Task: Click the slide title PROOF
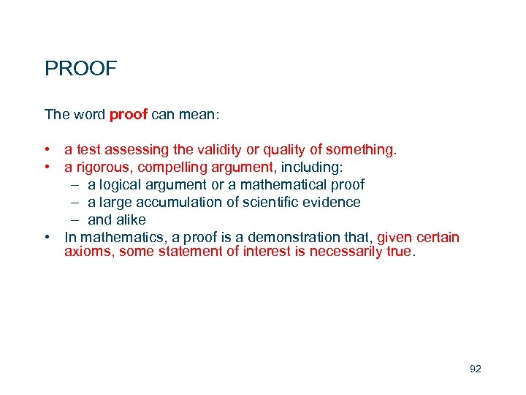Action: click(x=80, y=69)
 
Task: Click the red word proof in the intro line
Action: click(x=129, y=114)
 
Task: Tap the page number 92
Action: click(x=476, y=369)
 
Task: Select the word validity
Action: click(x=221, y=150)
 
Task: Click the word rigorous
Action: click(x=99, y=168)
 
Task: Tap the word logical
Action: click(x=122, y=185)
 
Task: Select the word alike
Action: click(x=130, y=220)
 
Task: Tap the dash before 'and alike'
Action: click(x=75, y=220)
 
